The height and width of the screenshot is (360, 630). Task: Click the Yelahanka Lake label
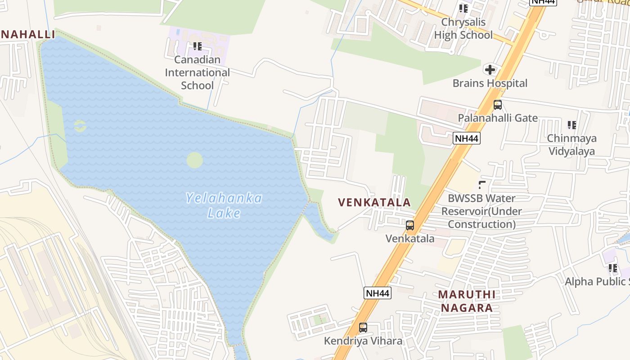[x=224, y=205]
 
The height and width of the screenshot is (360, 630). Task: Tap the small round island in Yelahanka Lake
[x=194, y=160]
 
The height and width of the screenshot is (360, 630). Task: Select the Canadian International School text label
[x=197, y=72]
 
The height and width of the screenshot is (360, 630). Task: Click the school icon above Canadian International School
[x=197, y=46]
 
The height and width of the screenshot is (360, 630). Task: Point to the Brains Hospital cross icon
[x=490, y=70]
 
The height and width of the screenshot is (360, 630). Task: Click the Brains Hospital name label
[x=490, y=83]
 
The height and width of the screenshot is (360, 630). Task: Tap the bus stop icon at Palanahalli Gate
[x=497, y=105]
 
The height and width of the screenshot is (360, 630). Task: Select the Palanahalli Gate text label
[x=498, y=118]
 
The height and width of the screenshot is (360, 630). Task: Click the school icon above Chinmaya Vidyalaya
[x=571, y=125]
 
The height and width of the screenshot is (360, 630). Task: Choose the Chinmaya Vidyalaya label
[x=571, y=144]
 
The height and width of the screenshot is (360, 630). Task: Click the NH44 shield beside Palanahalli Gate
[x=466, y=138]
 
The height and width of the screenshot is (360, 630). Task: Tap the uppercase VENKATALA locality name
[x=374, y=202]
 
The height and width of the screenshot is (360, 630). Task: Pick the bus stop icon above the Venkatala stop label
[x=410, y=225]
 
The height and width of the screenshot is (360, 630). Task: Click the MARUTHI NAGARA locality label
[x=467, y=301]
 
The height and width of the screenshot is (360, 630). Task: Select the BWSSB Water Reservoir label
[x=481, y=211]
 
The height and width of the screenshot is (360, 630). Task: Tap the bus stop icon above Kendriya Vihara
[x=363, y=328]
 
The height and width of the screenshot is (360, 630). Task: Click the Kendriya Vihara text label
[x=363, y=341]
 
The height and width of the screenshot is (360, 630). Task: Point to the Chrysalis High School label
[x=463, y=28]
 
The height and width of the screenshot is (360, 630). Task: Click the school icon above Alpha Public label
[x=613, y=269]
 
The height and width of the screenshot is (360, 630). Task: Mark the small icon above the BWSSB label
[x=482, y=184]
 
